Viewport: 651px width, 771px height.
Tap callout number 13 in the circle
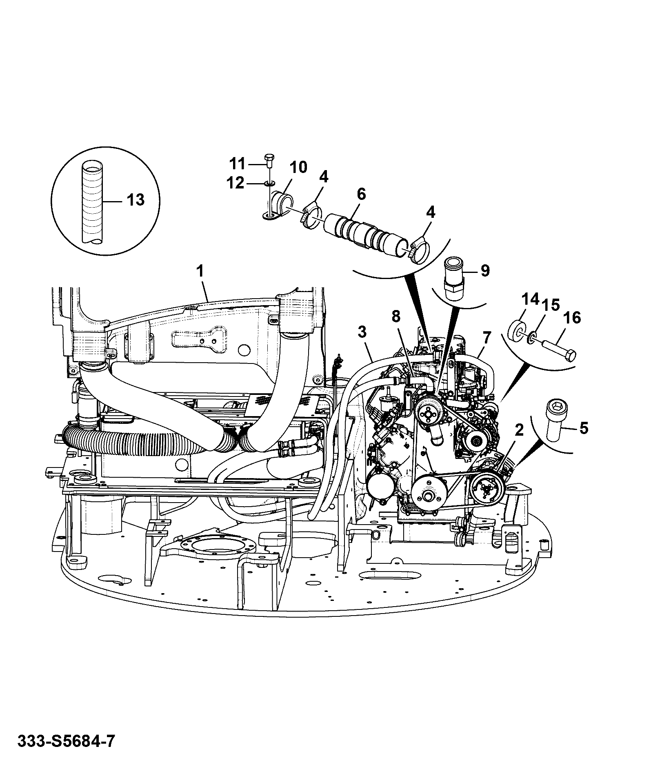[136, 200]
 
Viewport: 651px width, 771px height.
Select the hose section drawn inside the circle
[93, 203]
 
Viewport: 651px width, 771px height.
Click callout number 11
[237, 164]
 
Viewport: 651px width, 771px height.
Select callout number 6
[361, 194]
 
